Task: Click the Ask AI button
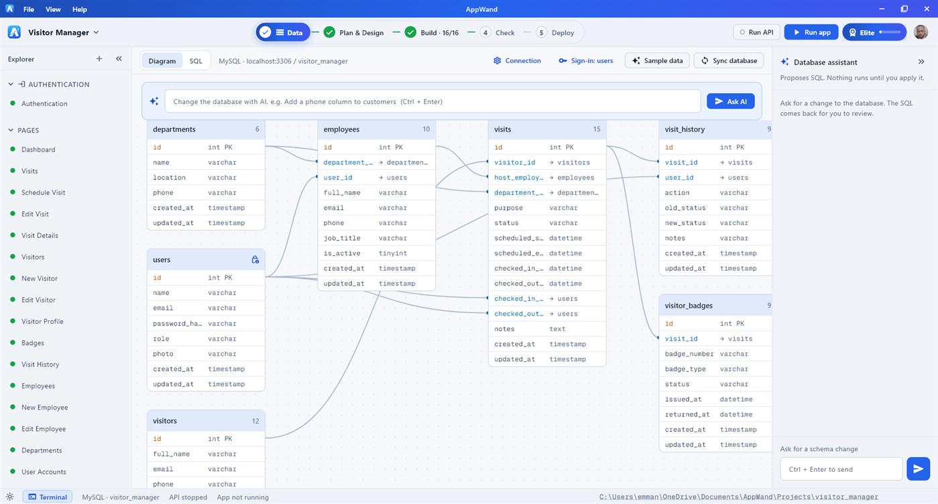pos(731,101)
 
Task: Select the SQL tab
pos(196,61)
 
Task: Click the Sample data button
pos(657,61)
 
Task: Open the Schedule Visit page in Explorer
pos(43,192)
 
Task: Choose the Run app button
pos(811,32)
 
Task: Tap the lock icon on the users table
pos(255,259)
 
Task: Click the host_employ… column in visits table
pos(518,178)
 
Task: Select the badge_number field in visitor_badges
pos(689,354)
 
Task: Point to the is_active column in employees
pos(342,253)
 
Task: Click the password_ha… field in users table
pos(177,324)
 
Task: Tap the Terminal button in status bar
pos(48,497)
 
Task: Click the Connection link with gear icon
pos(517,61)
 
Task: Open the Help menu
pos(80,9)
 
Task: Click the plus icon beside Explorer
pos(99,58)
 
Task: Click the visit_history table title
pos(685,129)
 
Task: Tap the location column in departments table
pos(169,178)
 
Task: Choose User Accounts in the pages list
pos(44,472)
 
